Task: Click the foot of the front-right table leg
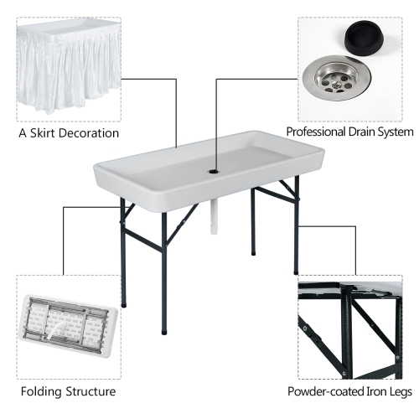click(x=296, y=272)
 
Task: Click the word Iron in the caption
click(x=370, y=391)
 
